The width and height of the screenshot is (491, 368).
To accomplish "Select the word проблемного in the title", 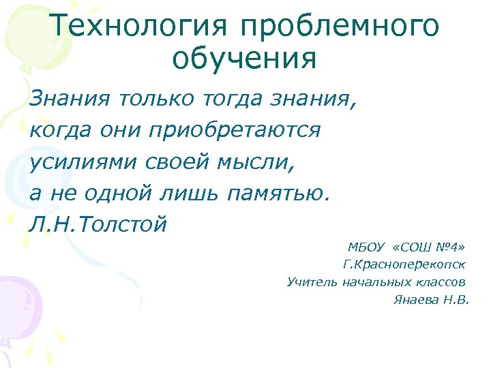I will [340, 27].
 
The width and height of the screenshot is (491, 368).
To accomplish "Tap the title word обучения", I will [245, 59].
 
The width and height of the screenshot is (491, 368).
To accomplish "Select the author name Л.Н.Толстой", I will [98, 224].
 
